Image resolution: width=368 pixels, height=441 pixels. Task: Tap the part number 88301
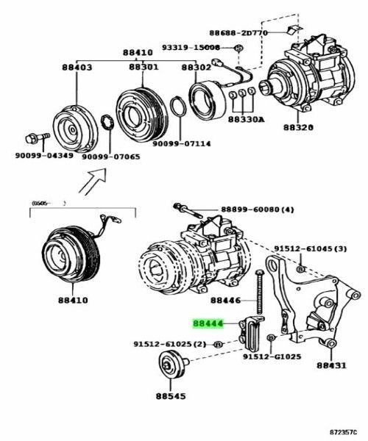tap(144, 68)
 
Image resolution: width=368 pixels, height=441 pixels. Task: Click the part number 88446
tap(226, 301)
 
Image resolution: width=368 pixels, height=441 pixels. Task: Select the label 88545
tap(171, 394)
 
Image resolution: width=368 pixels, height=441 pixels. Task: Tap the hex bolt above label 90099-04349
tap(36, 138)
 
